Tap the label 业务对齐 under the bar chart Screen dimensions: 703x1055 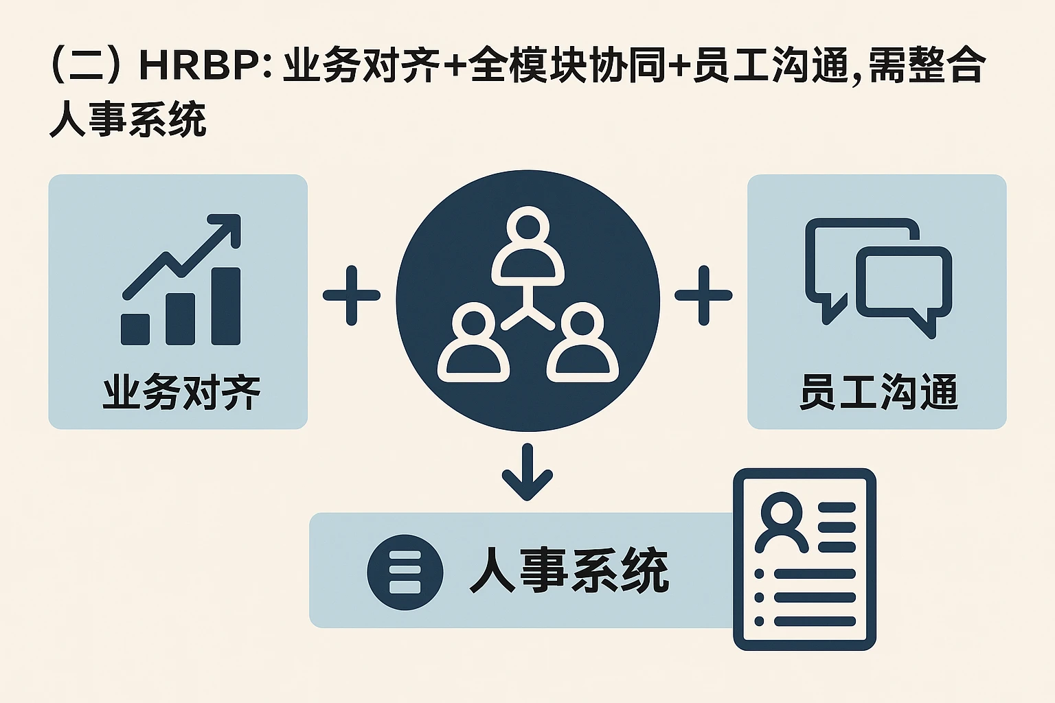point(181,393)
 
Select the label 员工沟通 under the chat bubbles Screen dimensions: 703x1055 point(878,393)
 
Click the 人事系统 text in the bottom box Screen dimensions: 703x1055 point(569,571)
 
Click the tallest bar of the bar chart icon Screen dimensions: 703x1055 point(226,306)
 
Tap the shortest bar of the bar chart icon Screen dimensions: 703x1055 point(135,330)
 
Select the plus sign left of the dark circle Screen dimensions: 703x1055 point(352,295)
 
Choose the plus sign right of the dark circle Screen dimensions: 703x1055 point(703,295)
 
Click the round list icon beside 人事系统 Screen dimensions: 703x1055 point(405,572)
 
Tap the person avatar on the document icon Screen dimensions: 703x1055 point(782,522)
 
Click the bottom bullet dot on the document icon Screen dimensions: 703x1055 point(759,621)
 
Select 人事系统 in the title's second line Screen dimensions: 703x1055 point(128,120)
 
